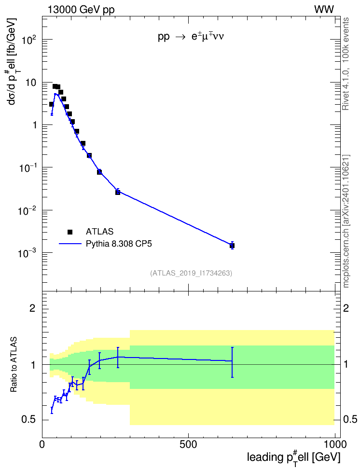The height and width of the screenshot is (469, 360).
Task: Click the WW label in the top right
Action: click(x=324, y=10)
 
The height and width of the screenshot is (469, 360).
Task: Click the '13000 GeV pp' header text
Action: click(x=81, y=10)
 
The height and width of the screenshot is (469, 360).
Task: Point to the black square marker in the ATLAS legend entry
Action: click(x=69, y=232)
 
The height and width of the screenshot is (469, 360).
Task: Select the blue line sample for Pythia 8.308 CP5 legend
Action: click(x=70, y=244)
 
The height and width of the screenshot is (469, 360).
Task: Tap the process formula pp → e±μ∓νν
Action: click(x=191, y=37)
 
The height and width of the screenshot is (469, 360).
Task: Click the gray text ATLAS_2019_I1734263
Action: click(x=191, y=273)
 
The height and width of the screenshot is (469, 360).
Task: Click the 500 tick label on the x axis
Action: click(x=188, y=444)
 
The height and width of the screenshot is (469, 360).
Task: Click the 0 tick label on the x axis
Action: click(x=42, y=444)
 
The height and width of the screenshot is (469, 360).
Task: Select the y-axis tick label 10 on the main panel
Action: click(x=30, y=83)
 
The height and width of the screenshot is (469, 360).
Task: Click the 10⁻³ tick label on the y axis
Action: click(x=27, y=253)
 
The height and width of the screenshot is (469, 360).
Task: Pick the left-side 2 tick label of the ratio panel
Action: click(x=32, y=308)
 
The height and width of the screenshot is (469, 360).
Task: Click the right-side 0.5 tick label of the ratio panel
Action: click(x=350, y=419)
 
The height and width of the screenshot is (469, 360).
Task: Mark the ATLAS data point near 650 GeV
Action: click(x=232, y=246)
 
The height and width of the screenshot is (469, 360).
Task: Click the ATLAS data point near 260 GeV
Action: click(x=118, y=192)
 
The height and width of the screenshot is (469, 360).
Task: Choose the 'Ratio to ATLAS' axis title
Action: click(x=14, y=365)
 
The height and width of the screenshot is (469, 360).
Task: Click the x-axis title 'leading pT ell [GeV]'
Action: click(x=293, y=457)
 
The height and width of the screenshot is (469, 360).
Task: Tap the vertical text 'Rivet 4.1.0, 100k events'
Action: click(x=346, y=64)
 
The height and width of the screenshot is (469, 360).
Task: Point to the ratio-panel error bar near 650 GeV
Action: click(x=232, y=362)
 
